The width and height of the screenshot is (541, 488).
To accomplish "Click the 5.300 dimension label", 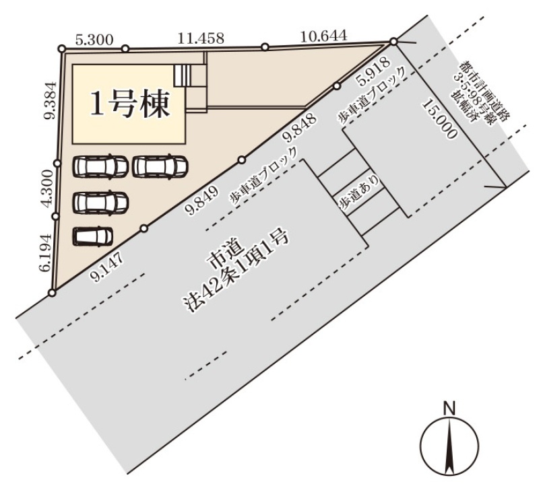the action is point(94,40).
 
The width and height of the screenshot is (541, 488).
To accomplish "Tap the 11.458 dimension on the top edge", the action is point(201,38).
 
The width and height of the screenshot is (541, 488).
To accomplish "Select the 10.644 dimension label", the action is point(323,36).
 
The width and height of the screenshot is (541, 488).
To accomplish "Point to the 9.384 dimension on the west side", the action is point(50,100).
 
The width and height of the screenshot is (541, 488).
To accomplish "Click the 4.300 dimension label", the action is point(47,188).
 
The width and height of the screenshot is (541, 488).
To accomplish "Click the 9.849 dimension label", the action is point(203,200).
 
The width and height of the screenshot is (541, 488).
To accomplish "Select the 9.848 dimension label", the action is point(300,128).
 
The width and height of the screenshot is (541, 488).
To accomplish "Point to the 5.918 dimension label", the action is point(374,73).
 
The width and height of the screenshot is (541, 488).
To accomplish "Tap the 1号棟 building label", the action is point(131,104).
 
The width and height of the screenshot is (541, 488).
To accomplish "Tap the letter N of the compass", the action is point(449,409).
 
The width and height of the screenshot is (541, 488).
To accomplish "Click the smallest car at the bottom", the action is point(93,236).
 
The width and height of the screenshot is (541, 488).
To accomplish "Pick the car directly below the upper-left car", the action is point(100,203).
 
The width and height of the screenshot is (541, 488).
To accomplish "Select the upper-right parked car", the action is point(160,166).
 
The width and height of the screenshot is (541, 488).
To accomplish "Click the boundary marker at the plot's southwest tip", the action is point(52,293).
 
